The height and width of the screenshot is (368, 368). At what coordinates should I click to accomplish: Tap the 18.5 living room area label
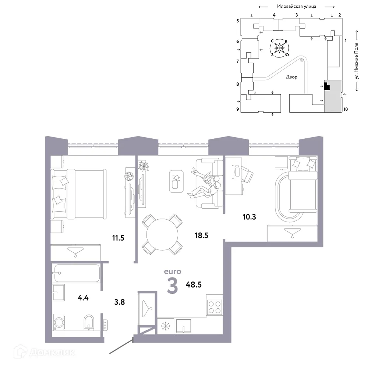[201, 235]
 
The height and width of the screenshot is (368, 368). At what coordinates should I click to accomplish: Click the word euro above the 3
[173, 272]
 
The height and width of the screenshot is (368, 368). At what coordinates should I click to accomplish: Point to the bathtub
[76, 273]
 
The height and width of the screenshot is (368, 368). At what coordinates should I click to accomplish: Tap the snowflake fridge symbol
[164, 326]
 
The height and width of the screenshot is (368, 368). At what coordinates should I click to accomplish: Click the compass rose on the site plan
[279, 48]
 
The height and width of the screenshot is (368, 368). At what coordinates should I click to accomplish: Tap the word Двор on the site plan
[291, 77]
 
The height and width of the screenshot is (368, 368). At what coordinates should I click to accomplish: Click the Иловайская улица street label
[297, 6]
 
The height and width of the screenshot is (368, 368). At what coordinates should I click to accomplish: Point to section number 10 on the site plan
[346, 109]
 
